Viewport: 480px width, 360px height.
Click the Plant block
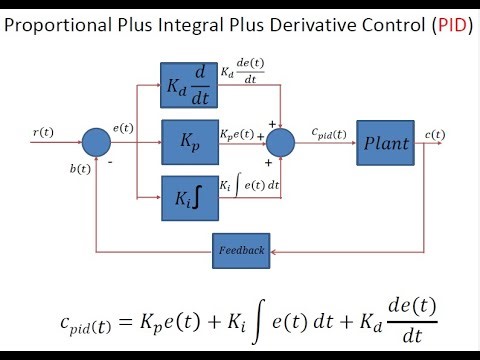(385, 142)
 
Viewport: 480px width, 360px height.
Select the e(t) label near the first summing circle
(124, 129)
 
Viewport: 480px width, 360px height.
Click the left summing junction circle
(95, 142)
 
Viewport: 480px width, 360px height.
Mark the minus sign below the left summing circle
(109, 160)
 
